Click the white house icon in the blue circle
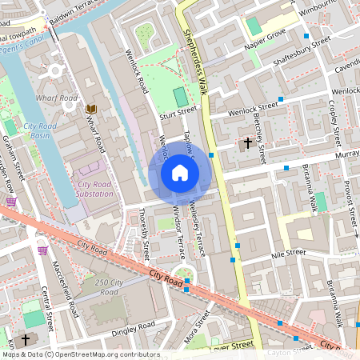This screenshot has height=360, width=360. point(180,172)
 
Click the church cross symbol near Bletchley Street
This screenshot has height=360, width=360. point(248,144)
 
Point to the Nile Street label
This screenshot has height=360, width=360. point(289,253)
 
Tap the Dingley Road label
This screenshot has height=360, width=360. point(133,327)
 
